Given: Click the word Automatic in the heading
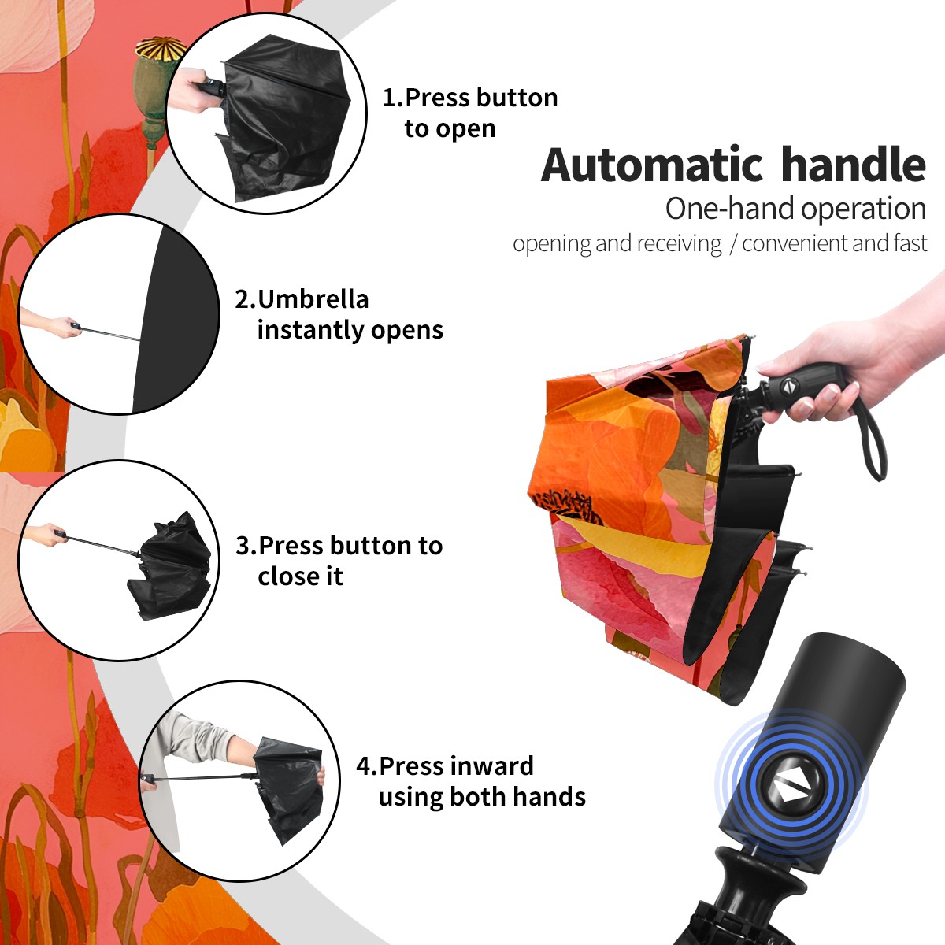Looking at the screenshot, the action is (652, 165).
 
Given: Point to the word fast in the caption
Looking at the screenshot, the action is (910, 243).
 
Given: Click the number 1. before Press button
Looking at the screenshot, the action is (392, 98).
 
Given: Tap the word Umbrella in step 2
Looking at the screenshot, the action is (313, 299).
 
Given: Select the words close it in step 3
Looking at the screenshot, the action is (300, 576).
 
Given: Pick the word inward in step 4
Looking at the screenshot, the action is (494, 765).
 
